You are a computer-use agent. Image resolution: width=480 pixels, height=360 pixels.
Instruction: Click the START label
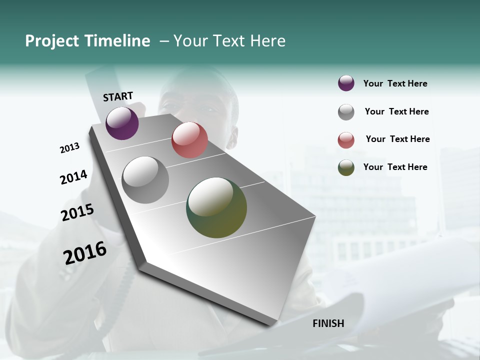point(118,96)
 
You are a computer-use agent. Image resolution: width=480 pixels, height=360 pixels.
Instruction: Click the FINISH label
point(328,323)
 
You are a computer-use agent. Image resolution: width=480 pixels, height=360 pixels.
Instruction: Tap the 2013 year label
point(69,148)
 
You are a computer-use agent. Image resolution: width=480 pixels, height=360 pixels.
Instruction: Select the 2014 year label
point(73,177)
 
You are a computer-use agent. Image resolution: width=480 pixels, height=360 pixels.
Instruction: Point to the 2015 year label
point(77,212)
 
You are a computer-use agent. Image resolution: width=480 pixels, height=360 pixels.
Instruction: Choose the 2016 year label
point(85,253)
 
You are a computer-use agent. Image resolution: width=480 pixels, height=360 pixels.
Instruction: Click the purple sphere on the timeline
point(122,123)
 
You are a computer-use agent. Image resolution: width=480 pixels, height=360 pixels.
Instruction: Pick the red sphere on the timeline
point(189,140)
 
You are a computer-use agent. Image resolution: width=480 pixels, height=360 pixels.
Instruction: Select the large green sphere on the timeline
point(216,207)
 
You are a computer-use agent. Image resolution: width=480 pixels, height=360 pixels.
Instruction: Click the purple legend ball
point(346,83)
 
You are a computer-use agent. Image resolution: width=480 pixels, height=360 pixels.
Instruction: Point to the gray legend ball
point(346,112)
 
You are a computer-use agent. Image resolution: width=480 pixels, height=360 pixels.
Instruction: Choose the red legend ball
point(346,140)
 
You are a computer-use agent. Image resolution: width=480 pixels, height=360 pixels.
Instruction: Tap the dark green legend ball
point(346,167)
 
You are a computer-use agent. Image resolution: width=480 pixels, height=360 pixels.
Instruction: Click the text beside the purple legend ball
point(395,83)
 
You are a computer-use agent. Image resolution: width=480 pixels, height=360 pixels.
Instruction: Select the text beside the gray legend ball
point(396,111)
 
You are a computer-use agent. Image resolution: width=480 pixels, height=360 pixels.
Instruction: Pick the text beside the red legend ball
point(397,139)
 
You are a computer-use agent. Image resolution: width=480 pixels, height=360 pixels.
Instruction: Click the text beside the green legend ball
point(395,167)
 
